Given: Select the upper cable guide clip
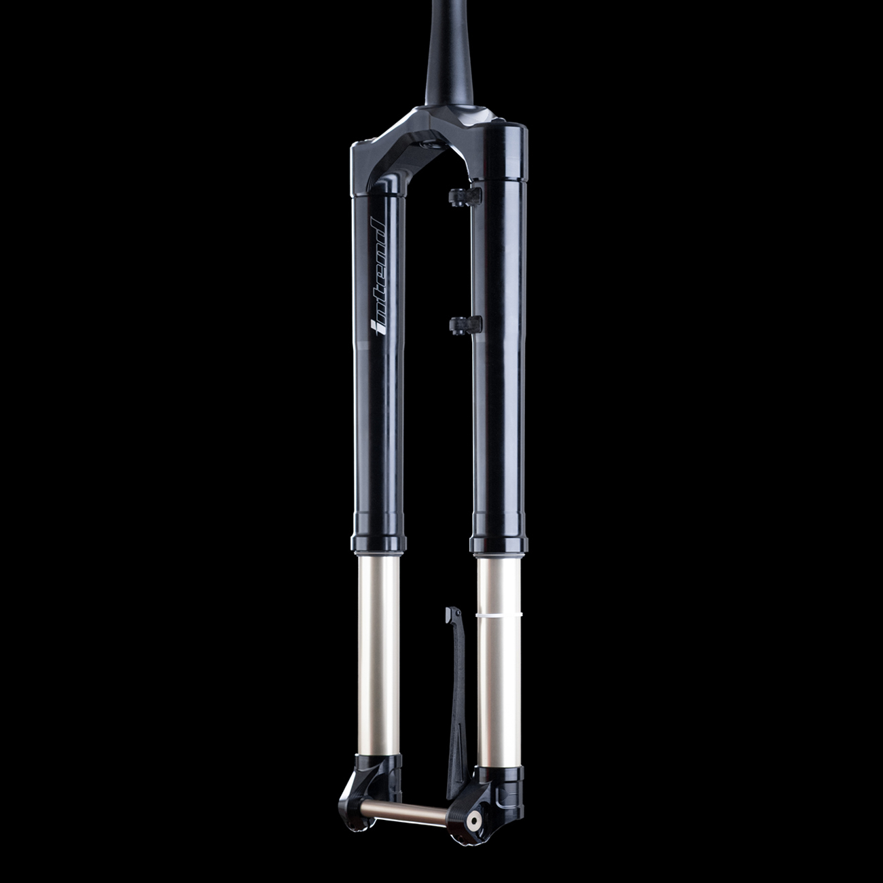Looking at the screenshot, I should (465, 196).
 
